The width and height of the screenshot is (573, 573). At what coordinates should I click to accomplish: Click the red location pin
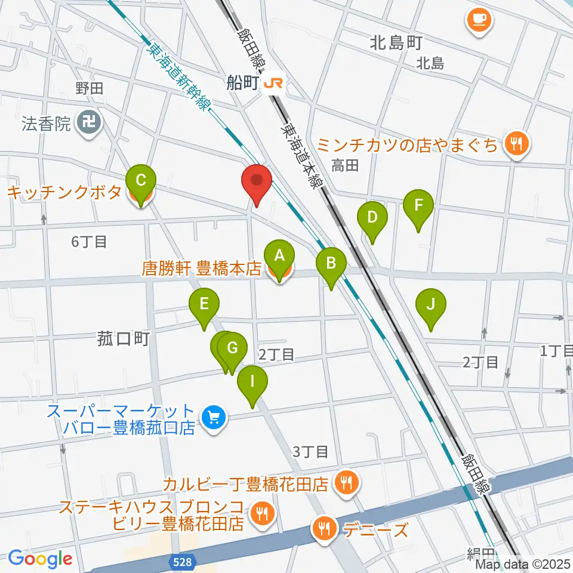pos(257,181)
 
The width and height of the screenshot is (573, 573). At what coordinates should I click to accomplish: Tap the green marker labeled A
pos(279,257)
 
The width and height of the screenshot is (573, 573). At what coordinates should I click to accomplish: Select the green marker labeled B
pos(331,263)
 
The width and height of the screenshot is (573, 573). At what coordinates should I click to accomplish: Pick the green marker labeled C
pos(141,181)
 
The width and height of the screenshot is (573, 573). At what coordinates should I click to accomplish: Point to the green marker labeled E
pos(204,304)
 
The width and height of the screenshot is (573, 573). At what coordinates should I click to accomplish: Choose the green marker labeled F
pos(418,206)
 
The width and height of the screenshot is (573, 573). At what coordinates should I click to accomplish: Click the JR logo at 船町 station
pos(273,84)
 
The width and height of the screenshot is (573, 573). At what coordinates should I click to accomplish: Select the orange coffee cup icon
pos(479,20)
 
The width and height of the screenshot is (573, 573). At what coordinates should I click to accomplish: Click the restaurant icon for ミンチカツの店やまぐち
pos(515,144)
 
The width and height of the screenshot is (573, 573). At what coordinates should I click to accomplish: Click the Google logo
pos(41,559)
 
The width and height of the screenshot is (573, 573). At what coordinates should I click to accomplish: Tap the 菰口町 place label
pos(122,340)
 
